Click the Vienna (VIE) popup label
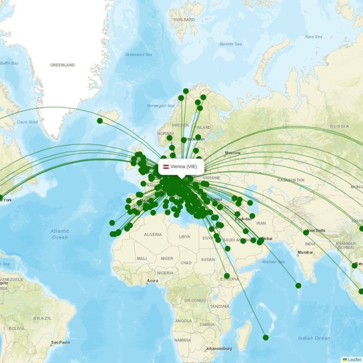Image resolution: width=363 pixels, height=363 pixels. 181,167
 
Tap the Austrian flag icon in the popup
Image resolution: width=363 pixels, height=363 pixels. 166,167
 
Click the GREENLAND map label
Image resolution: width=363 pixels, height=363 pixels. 62,65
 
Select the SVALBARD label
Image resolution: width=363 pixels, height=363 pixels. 184,20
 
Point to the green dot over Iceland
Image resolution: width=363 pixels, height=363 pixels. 100,121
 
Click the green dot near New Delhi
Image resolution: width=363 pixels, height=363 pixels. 306,232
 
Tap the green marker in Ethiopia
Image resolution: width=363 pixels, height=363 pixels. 226,276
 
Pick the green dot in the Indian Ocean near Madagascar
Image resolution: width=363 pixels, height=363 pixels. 265,337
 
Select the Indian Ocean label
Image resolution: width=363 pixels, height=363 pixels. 314,338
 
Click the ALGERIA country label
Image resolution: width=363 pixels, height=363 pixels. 152,235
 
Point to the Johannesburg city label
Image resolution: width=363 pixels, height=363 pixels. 219,348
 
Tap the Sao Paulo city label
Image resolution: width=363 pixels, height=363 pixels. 61,342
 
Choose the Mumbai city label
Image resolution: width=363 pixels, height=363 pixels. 305,252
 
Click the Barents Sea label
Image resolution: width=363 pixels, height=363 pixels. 231,44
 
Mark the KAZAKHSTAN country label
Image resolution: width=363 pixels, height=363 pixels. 290,180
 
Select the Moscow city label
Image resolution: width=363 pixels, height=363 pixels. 232,153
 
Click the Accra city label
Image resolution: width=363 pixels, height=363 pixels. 152,280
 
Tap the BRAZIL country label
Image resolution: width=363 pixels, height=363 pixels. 42,318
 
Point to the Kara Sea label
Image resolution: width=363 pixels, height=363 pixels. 313,37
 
